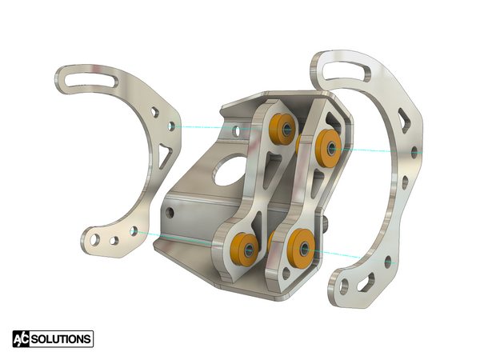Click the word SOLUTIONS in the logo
62,339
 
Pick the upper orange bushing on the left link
281,128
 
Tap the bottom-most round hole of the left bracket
96,238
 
